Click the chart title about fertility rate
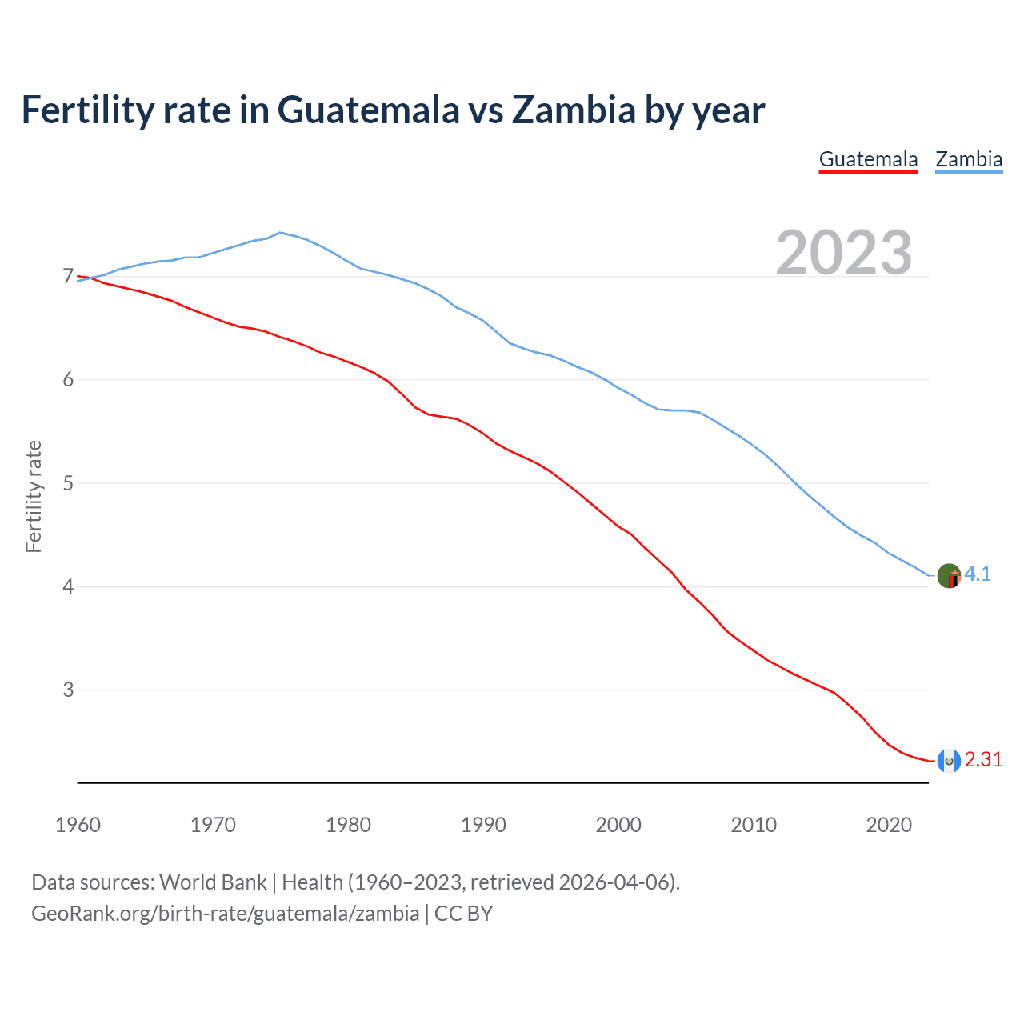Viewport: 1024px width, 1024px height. tap(393, 110)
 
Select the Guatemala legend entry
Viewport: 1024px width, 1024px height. tap(868, 159)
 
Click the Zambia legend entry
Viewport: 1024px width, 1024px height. tap(969, 159)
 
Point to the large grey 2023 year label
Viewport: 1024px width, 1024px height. tap(844, 253)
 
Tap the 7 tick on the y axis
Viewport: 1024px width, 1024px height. tap(68, 277)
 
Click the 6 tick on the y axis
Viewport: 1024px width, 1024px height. tap(68, 380)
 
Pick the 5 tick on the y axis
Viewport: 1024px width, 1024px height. tap(68, 483)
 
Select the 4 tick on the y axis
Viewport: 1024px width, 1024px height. tap(68, 586)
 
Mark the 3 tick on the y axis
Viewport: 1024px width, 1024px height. tap(68, 690)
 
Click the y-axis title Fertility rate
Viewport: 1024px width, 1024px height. tap(34, 496)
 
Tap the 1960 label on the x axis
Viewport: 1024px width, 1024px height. tap(78, 825)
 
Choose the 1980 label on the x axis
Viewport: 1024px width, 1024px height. tap(348, 825)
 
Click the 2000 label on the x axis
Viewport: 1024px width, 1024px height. tap(618, 825)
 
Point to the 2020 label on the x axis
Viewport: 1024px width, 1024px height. tap(889, 825)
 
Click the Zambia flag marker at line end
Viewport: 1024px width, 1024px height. tap(949, 576)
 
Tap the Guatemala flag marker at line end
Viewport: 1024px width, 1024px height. tap(949, 761)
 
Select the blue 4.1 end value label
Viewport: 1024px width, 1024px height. tap(978, 574)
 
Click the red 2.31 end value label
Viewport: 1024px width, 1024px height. tap(983, 760)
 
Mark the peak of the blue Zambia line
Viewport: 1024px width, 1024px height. tap(279, 232)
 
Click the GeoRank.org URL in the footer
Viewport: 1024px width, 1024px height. tap(225, 914)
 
